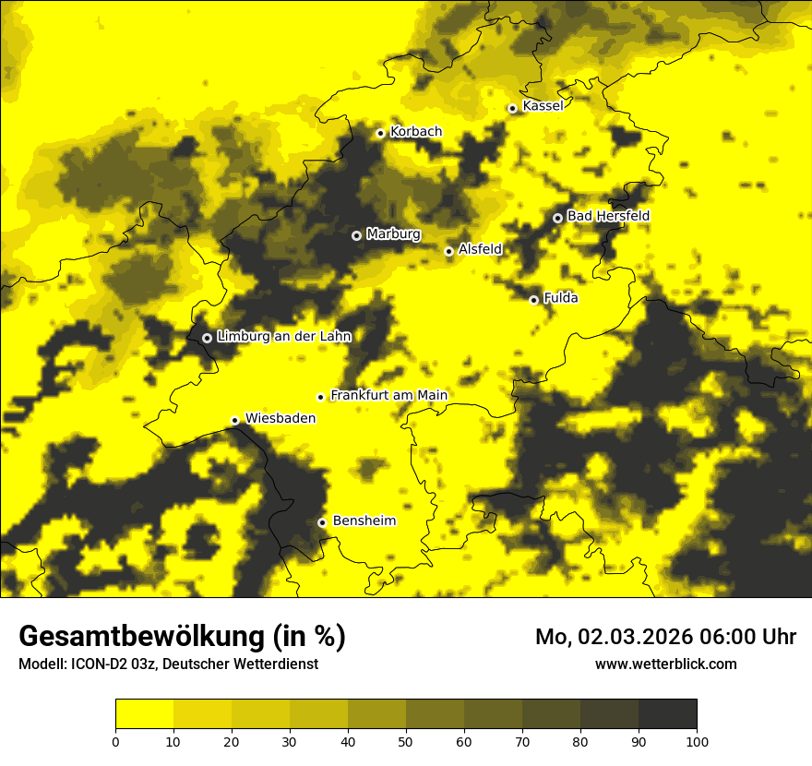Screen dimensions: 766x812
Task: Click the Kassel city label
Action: (543, 106)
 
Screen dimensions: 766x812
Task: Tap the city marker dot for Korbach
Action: (380, 133)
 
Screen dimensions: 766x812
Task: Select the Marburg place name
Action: (393, 234)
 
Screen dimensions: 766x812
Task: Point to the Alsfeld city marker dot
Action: (448, 251)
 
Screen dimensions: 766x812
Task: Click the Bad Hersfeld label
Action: (608, 216)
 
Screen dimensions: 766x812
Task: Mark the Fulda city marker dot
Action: (533, 300)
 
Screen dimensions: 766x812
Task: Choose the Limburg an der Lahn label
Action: (283, 337)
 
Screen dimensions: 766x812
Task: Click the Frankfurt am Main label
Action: (388, 396)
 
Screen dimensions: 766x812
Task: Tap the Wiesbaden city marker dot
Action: (234, 421)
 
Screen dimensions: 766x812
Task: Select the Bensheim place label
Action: (364, 521)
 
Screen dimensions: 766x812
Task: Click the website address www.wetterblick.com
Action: (665, 664)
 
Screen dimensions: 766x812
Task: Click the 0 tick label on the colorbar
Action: (115, 741)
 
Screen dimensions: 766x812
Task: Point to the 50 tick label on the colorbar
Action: (406, 741)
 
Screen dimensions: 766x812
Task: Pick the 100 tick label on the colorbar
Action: (697, 741)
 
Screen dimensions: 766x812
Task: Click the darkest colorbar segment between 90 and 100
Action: (667, 714)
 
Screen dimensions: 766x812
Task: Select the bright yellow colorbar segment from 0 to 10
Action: (145, 714)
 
